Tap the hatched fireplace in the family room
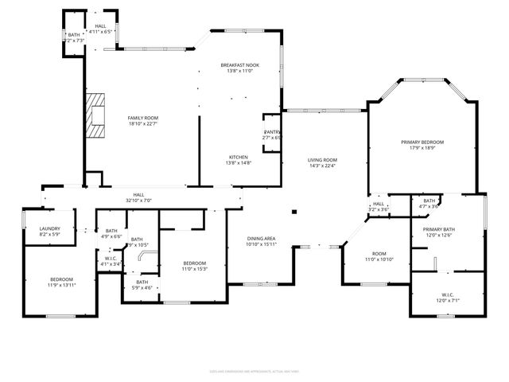tap(98, 116)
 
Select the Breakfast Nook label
tap(239, 68)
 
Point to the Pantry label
tap(273, 134)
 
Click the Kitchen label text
tap(239, 158)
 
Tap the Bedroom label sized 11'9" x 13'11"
tap(62, 282)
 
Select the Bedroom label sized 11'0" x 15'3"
tap(195, 266)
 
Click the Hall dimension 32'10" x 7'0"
tap(138, 201)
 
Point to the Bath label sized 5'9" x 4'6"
tap(142, 284)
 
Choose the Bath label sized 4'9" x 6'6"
tap(111, 233)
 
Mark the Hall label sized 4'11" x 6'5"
tap(100, 29)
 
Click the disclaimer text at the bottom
tap(254, 370)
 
